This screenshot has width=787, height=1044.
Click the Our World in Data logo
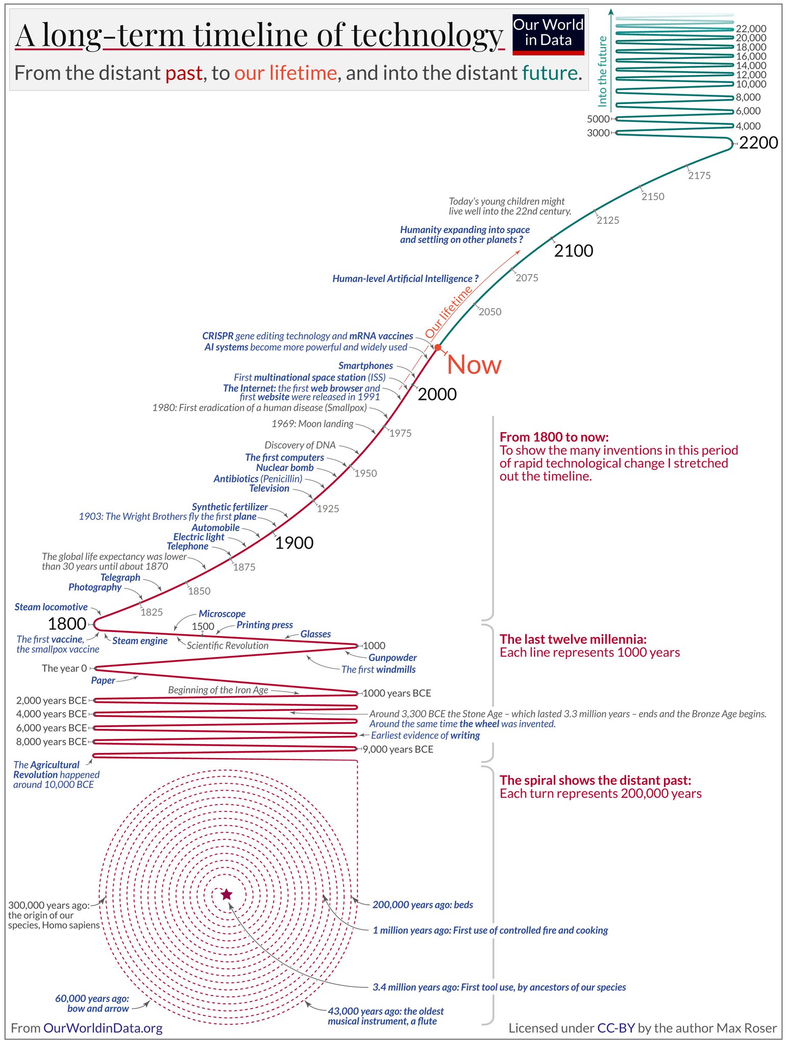click(548, 34)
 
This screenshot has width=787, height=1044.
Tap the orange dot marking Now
click(437, 347)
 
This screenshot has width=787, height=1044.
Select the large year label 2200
click(758, 143)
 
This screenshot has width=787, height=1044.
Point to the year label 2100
click(574, 251)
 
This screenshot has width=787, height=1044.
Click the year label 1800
click(67, 623)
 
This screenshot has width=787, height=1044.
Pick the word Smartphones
click(365, 366)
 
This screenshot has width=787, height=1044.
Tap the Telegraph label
click(120, 577)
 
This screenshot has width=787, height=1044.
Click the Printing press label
click(264, 625)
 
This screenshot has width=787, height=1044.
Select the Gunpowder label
click(392, 657)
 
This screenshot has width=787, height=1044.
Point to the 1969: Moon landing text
click(312, 424)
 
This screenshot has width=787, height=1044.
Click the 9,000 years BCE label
click(398, 749)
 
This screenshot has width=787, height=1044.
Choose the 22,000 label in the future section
click(751, 29)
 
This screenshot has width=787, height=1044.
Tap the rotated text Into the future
click(603, 71)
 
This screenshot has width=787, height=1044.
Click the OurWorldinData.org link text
click(103, 1028)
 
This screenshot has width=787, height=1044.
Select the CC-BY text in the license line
click(616, 1028)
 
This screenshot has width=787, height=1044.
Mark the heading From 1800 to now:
click(554, 437)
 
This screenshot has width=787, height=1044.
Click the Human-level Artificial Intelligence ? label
click(405, 278)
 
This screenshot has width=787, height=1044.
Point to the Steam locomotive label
click(51, 607)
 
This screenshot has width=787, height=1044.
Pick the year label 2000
click(437, 394)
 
